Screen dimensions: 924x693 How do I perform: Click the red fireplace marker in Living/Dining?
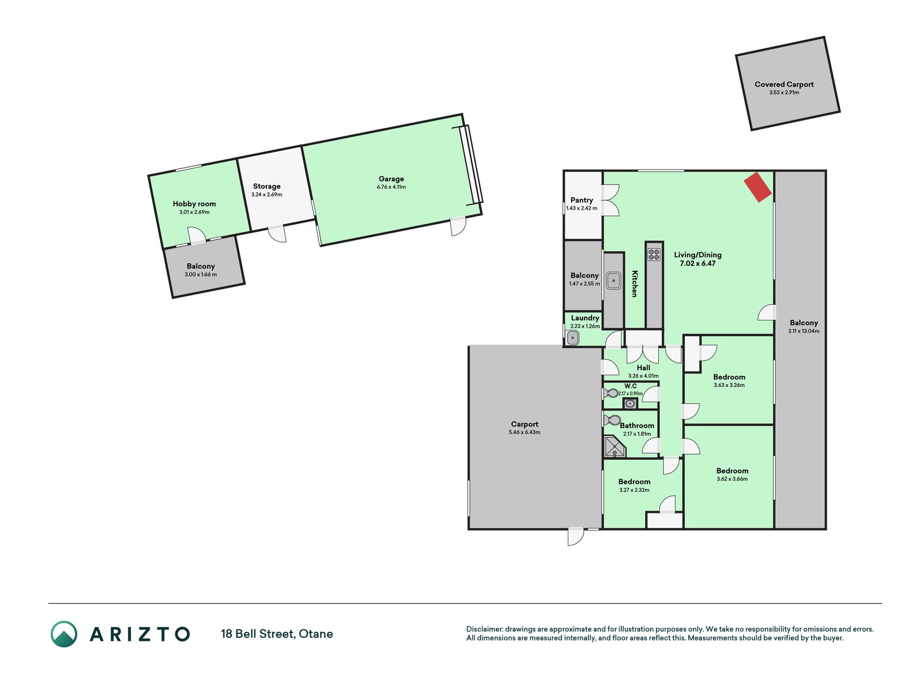click(x=758, y=187)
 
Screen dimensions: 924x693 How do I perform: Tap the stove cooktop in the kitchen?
click(x=654, y=254)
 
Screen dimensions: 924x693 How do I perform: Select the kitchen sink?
click(x=613, y=280)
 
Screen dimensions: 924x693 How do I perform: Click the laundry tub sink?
click(x=573, y=338)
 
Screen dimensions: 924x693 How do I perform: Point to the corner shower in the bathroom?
click(x=614, y=447)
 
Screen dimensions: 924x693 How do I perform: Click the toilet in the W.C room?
click(x=611, y=393)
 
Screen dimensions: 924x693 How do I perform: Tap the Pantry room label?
click(x=582, y=200)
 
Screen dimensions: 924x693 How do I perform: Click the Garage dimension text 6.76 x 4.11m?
click(x=391, y=187)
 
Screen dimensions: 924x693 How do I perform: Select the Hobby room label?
click(x=194, y=204)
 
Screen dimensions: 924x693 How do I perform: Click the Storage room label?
click(x=267, y=186)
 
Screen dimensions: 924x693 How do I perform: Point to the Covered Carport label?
click(x=784, y=84)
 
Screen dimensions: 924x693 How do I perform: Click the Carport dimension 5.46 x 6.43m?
click(x=525, y=433)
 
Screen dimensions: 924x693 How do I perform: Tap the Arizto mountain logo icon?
click(x=64, y=634)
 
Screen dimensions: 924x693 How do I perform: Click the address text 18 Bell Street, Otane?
click(x=277, y=634)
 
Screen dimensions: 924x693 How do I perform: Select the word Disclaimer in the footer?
click(x=484, y=629)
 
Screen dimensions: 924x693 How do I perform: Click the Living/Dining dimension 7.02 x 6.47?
click(x=698, y=264)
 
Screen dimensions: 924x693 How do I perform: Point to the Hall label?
click(x=644, y=368)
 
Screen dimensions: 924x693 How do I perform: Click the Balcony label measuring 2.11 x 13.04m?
click(x=804, y=323)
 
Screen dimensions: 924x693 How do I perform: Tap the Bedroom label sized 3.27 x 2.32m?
click(x=634, y=482)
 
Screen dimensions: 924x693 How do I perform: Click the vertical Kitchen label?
click(x=634, y=284)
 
